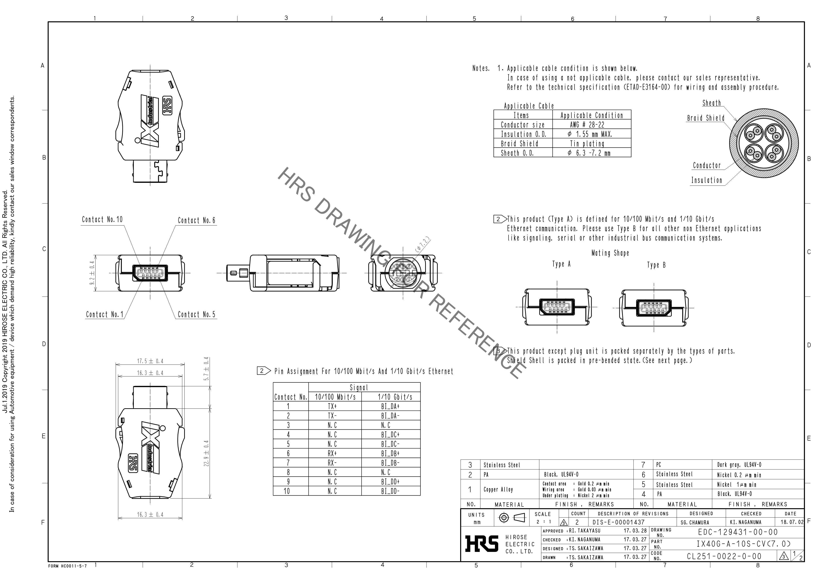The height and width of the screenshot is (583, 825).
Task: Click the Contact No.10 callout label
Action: [102, 219]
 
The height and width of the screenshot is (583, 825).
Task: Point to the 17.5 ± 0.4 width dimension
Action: [150, 361]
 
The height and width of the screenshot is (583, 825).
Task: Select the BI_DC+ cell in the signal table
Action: [391, 435]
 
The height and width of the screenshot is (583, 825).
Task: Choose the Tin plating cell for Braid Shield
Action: [587, 144]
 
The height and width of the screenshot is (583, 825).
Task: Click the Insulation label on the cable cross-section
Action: [707, 180]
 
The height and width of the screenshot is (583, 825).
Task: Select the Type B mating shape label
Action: [656, 265]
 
